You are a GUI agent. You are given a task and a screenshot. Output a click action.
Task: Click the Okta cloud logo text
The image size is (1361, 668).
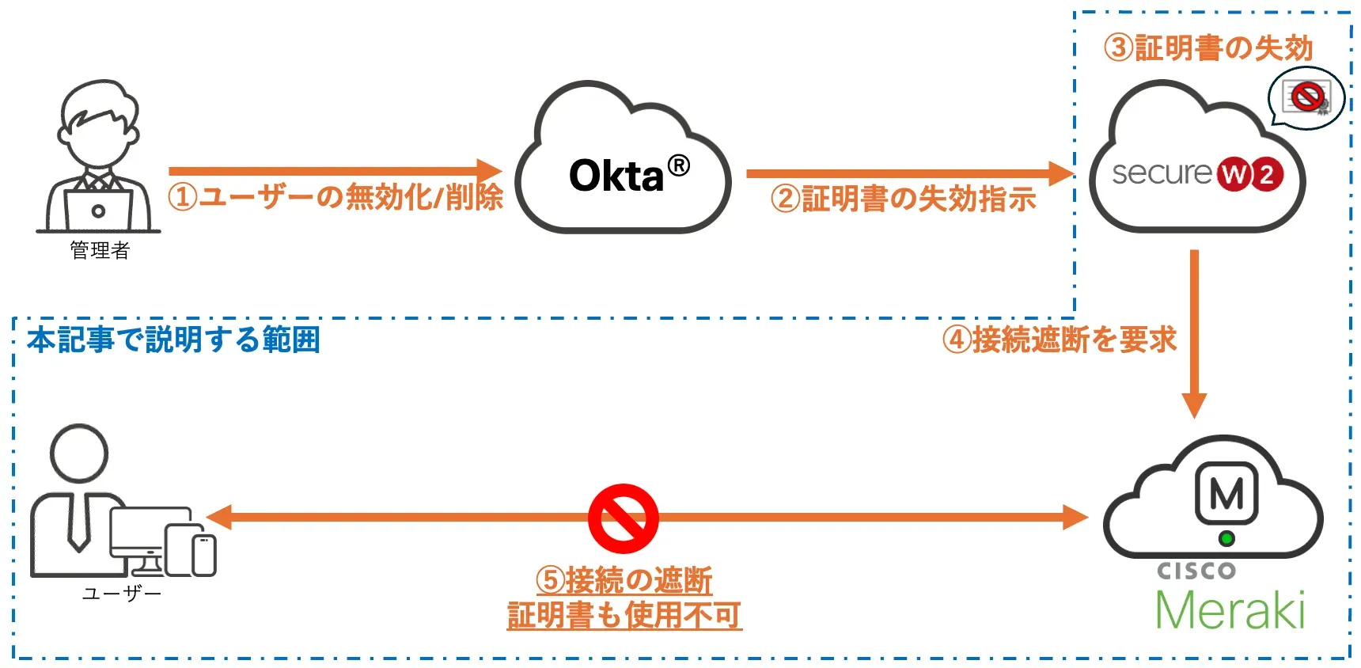617,176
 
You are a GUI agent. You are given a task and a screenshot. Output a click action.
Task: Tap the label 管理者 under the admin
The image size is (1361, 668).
100,250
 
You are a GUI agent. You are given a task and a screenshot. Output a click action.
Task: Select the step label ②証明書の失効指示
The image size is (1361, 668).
903,199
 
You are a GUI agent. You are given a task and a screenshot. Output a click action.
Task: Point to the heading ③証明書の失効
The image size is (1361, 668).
1208,48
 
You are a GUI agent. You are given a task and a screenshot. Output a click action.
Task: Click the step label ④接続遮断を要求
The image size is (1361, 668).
1060,340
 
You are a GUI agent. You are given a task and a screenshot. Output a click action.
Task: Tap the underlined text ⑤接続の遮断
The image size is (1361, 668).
624,580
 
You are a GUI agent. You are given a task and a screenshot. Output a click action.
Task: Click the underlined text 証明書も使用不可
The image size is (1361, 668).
624,615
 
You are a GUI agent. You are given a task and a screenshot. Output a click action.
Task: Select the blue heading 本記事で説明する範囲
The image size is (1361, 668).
173,340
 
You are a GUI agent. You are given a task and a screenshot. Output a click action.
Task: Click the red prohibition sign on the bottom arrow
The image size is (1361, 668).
624,518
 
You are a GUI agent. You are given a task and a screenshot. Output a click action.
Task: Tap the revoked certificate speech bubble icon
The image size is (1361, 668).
1306,98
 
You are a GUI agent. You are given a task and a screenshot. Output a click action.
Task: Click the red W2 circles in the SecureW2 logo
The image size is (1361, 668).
1250,174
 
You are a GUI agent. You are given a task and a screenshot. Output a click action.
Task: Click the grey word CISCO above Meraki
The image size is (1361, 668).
1196,571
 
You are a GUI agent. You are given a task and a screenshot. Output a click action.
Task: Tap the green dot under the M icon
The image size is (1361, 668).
1226,539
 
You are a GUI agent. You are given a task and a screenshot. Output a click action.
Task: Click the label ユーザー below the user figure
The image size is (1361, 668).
121,594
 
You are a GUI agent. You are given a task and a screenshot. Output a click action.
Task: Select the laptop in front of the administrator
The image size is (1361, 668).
98,210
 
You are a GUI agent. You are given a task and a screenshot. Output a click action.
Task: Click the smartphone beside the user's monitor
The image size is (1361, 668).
204,554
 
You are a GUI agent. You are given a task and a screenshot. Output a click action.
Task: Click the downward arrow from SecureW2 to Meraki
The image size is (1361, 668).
1194,332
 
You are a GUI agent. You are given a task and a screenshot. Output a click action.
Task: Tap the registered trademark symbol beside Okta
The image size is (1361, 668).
678,165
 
